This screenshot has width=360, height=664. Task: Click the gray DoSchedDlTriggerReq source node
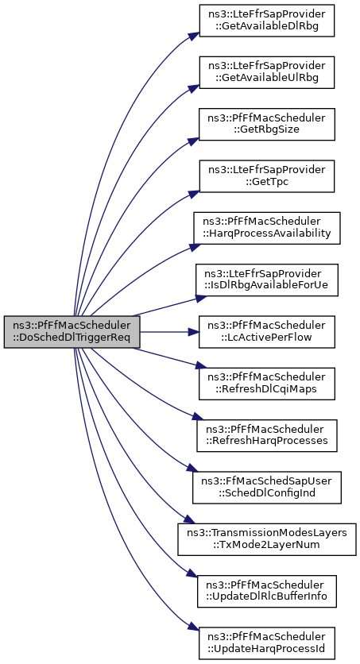72,332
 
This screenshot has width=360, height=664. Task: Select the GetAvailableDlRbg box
267,21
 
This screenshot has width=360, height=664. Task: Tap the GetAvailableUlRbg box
267,72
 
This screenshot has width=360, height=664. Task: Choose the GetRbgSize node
267,125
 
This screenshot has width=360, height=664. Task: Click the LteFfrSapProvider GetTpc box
267,176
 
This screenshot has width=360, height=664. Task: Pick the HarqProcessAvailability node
267,228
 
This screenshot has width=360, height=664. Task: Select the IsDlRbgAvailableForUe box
267,280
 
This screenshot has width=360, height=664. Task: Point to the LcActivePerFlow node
267,332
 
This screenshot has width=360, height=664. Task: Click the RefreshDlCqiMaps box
267,384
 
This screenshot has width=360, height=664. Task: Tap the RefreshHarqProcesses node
267,436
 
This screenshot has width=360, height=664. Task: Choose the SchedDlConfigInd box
267,488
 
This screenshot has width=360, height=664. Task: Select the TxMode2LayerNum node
267,539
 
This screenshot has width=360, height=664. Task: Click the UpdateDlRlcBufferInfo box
267,591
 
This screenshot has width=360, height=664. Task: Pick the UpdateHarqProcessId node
267,643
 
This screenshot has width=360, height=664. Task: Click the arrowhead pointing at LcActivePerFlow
194,332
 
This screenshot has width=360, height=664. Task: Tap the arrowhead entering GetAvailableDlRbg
195,36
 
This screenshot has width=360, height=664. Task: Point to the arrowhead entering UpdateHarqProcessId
195,628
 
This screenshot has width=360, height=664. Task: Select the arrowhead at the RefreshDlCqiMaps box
201,366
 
